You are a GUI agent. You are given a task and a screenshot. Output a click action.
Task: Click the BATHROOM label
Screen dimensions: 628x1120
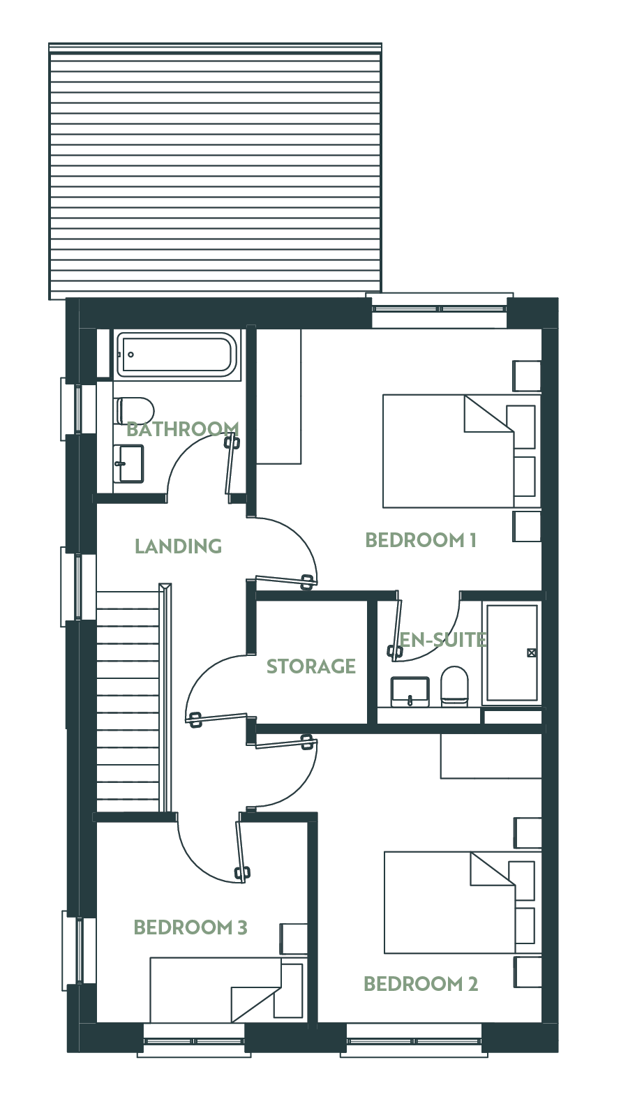click(x=183, y=429)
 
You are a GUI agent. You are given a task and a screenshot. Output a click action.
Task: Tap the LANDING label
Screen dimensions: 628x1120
click(x=178, y=546)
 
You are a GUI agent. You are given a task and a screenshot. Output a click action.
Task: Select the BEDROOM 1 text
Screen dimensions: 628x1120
click(x=421, y=540)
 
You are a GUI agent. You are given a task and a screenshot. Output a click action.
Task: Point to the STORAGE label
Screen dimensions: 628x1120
click(x=311, y=666)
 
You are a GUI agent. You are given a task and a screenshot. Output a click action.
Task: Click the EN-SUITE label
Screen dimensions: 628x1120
click(x=443, y=639)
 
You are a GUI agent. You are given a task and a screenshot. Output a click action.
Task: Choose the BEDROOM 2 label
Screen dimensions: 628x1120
click(x=421, y=984)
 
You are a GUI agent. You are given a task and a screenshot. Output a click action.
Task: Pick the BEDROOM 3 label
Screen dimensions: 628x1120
click(x=190, y=927)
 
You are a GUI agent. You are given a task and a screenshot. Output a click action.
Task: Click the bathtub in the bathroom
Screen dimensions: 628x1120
click(x=177, y=354)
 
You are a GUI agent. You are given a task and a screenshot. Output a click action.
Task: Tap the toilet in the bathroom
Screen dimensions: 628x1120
click(x=135, y=410)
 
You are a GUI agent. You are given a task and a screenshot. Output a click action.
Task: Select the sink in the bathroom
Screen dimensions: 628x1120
click(x=129, y=463)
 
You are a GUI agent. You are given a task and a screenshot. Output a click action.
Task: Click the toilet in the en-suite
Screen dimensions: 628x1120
click(x=454, y=686)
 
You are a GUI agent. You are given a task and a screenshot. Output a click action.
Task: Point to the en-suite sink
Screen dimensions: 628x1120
click(x=410, y=692)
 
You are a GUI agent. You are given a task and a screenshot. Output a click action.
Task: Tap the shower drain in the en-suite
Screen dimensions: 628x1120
click(x=532, y=652)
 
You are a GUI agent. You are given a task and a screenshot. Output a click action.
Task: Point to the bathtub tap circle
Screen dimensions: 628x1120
click(x=131, y=354)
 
